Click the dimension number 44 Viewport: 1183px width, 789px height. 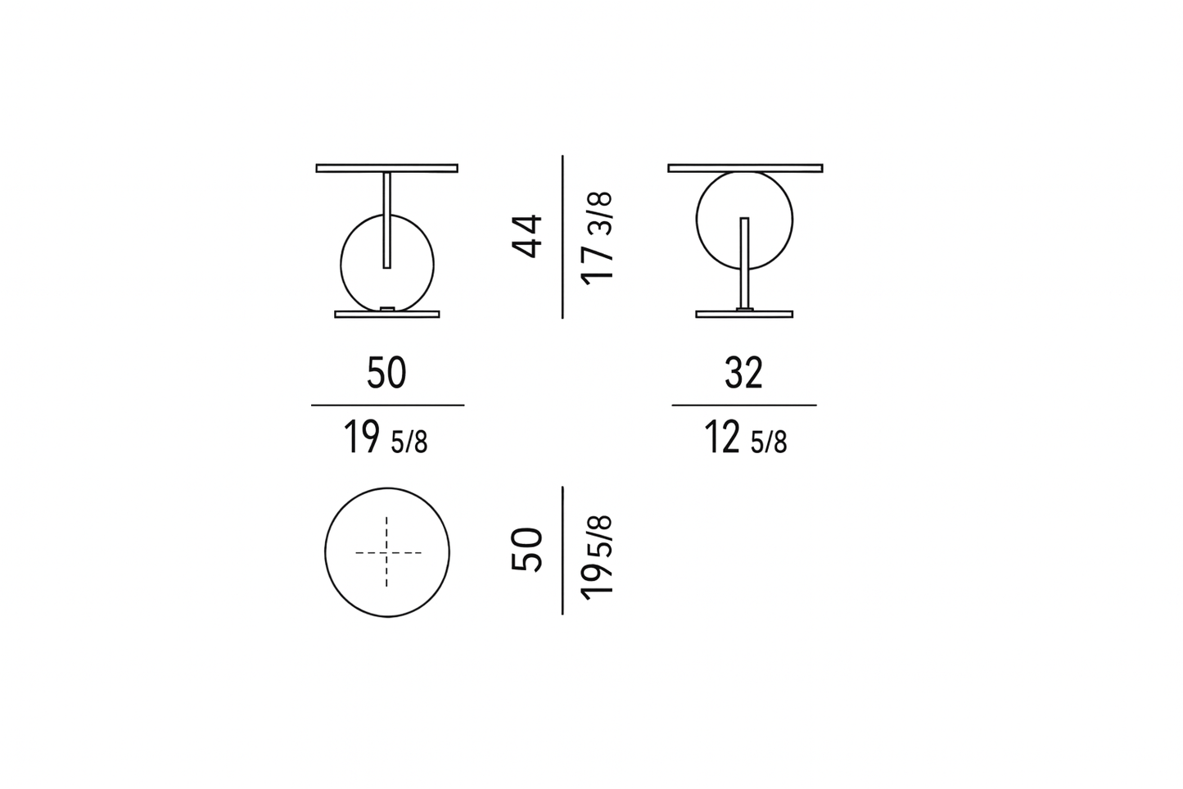pos(527,236)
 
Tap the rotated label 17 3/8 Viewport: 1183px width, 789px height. pos(598,238)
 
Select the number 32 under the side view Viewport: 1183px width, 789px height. pos(743,373)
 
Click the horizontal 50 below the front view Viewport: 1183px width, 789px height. pos(386,373)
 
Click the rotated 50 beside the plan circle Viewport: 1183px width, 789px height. pos(527,550)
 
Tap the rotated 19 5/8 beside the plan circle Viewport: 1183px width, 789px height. pos(598,557)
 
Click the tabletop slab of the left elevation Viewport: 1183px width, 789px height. pos(386,168)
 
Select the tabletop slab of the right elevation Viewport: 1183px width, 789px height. pos(745,168)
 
